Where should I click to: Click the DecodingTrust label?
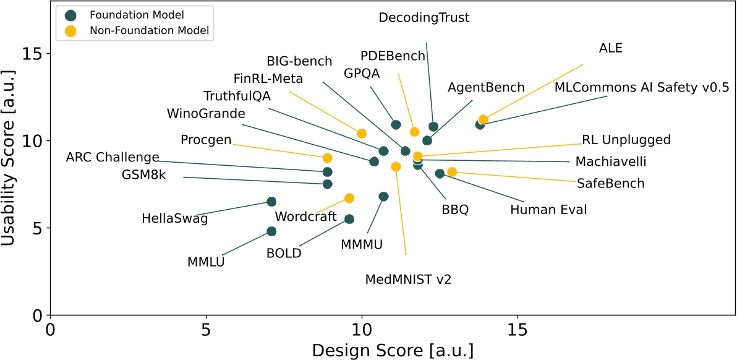(x=424, y=18)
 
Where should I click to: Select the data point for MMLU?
(x=271, y=231)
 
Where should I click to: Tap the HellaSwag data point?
(x=271, y=202)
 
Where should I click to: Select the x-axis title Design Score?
(x=393, y=349)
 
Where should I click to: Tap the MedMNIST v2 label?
(x=409, y=279)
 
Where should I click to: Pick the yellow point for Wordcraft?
(x=349, y=198)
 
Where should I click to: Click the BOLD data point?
(x=349, y=219)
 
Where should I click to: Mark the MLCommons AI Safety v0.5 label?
(x=642, y=87)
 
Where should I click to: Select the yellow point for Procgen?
(x=328, y=158)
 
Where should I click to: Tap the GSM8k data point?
(x=328, y=184)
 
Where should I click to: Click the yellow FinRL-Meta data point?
(x=362, y=134)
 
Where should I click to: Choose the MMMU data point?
(x=383, y=197)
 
